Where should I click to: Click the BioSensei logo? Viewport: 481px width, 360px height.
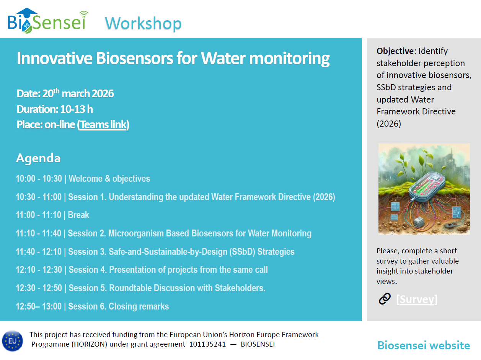[48, 21]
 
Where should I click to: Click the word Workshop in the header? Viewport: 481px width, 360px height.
[143, 23]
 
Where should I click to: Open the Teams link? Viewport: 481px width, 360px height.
[103, 125]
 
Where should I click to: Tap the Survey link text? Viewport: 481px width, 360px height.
[417, 299]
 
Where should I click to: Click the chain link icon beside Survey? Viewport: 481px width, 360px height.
[385, 299]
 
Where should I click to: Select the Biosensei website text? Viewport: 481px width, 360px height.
[424, 345]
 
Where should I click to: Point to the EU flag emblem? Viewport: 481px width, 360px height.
[12, 341]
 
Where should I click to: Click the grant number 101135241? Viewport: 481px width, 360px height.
[207, 344]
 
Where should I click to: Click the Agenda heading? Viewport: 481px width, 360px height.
[38, 158]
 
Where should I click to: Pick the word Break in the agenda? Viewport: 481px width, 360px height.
[78, 215]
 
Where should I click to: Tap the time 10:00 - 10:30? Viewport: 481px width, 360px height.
[39, 178]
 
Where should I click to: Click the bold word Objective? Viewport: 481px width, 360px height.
[395, 51]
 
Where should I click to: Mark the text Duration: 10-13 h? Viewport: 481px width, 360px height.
[55, 109]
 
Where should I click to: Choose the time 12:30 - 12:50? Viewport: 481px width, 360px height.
[39, 288]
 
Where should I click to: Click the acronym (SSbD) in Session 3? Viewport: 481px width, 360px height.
[242, 252]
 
